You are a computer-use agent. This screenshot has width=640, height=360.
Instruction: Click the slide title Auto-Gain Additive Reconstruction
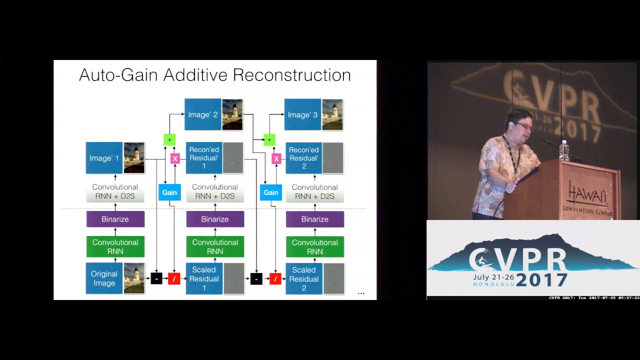(215, 75)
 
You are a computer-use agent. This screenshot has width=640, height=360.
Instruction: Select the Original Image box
(104, 278)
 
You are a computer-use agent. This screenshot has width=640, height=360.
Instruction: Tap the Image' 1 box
(104, 158)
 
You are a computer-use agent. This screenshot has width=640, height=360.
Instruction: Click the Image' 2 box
(203, 114)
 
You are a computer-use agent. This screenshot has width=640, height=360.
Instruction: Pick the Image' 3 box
(303, 114)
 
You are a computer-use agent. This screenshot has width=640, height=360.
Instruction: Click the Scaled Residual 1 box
(204, 278)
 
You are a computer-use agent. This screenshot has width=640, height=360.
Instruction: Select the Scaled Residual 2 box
(304, 278)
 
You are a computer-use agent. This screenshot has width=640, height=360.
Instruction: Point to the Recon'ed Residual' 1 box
(204, 158)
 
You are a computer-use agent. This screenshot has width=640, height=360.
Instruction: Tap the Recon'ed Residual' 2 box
(304, 158)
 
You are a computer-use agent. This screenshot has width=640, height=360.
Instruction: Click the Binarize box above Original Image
(115, 219)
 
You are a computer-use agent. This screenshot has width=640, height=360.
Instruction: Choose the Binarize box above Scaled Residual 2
(315, 219)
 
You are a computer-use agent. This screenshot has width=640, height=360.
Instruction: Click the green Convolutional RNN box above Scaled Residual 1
(215, 246)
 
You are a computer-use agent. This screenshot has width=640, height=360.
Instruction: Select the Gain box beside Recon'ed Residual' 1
(169, 192)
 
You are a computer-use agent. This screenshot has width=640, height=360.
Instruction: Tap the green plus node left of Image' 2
(169, 139)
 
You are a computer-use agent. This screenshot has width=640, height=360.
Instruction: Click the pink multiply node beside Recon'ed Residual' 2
(276, 159)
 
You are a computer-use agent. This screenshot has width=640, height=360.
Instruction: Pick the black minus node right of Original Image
(156, 278)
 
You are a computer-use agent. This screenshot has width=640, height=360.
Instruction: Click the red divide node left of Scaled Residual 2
(275, 278)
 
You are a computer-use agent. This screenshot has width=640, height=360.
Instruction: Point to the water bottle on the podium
(564, 150)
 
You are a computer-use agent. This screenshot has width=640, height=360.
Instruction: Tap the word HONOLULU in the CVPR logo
(493, 284)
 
